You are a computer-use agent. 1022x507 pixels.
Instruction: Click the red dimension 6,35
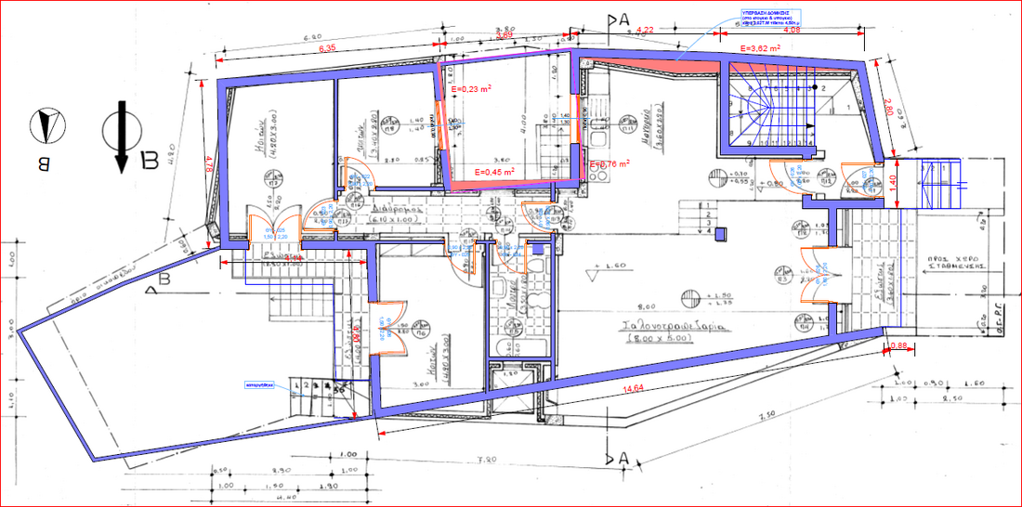tap(327, 47)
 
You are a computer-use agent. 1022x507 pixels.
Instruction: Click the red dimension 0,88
tap(898, 346)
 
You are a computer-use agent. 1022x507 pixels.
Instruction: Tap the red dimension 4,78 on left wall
tap(209, 168)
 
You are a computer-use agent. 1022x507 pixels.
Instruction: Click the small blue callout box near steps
tap(256, 383)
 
